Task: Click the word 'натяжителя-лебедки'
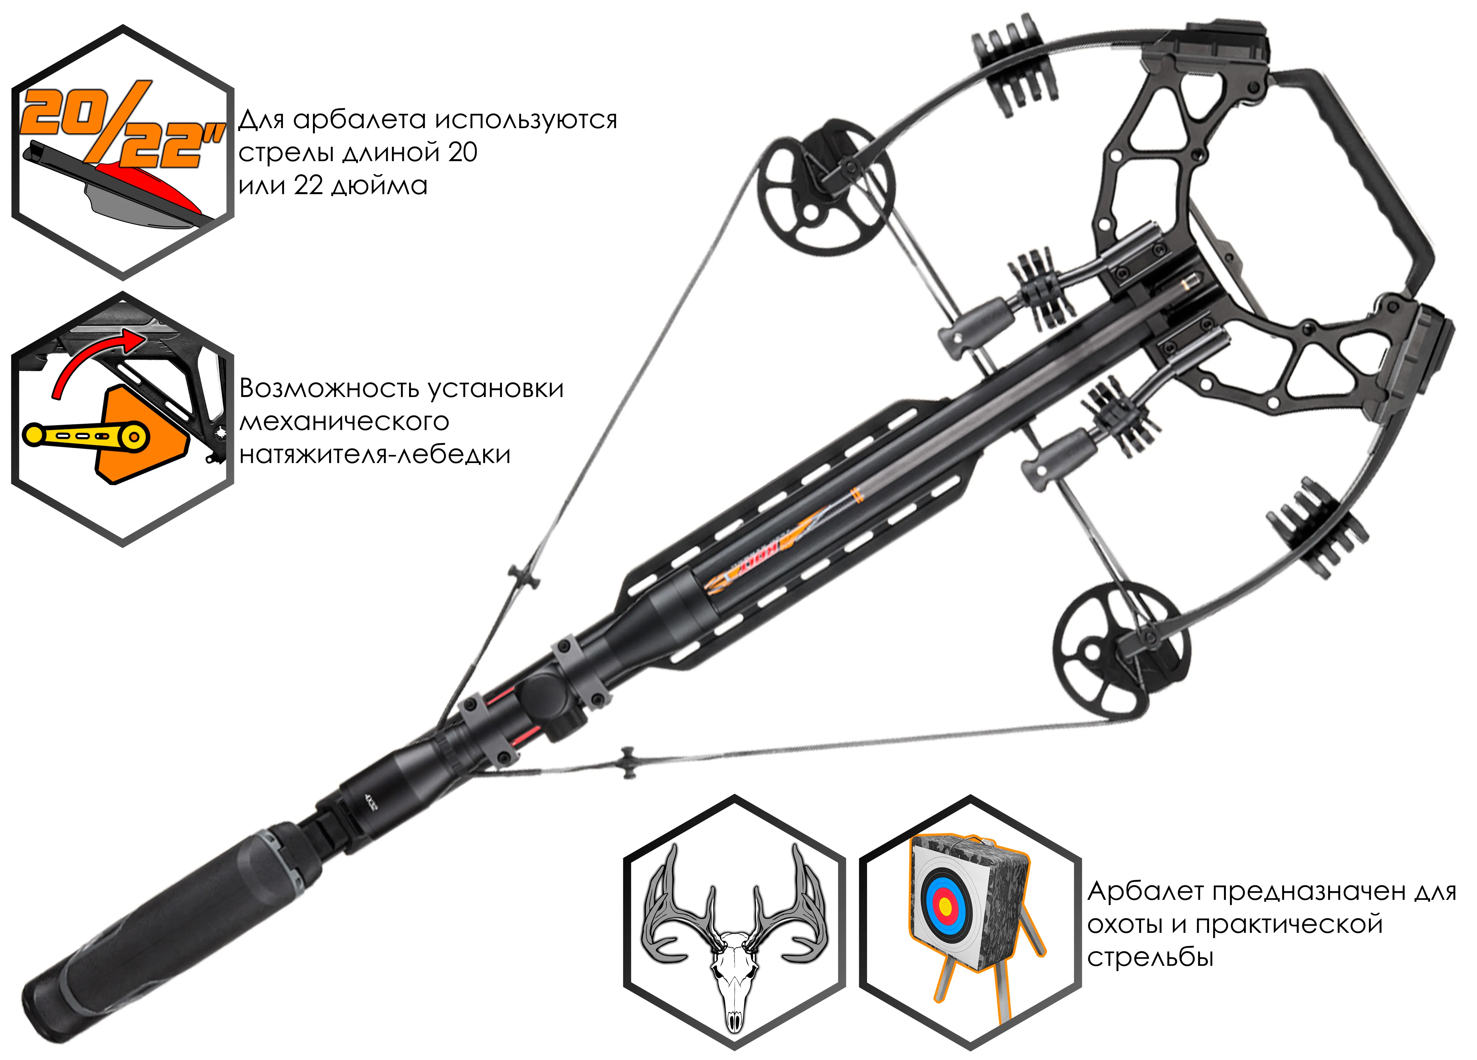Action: coord(374,455)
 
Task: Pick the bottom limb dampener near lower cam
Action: coord(1316,524)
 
